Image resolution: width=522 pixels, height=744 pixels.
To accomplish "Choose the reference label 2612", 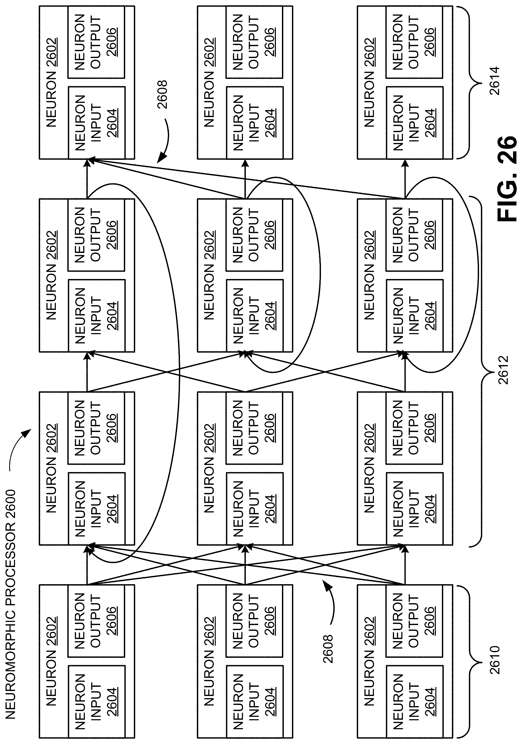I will click(503, 370).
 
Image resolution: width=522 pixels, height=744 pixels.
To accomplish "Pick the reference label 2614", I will click(495, 80).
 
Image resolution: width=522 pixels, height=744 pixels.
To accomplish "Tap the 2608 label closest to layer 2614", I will click(162, 94).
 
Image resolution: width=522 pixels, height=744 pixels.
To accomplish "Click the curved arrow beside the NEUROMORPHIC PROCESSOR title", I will click(18, 447).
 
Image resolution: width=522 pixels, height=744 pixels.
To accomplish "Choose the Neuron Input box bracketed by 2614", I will click(414, 122).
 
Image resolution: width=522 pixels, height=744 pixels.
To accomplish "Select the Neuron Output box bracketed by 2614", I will click(414, 42).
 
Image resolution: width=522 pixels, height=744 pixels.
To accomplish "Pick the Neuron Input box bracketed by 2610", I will click(414, 702).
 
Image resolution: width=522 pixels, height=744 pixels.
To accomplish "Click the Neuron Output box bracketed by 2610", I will click(414, 621).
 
